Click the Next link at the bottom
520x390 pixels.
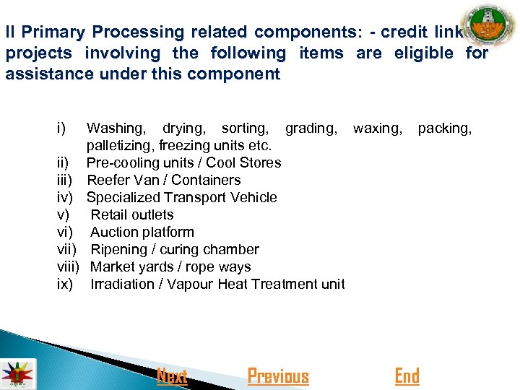tap(172, 376)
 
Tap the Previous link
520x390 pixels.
tap(278, 376)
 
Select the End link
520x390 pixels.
tap(407, 376)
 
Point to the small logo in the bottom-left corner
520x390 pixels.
tap(16, 373)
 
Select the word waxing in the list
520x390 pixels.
tap(377, 128)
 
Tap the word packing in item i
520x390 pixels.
tap(444, 128)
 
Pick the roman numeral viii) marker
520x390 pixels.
tap(68, 266)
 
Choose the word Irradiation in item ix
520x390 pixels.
tap(123, 284)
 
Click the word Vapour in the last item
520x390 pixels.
tap(189, 284)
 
